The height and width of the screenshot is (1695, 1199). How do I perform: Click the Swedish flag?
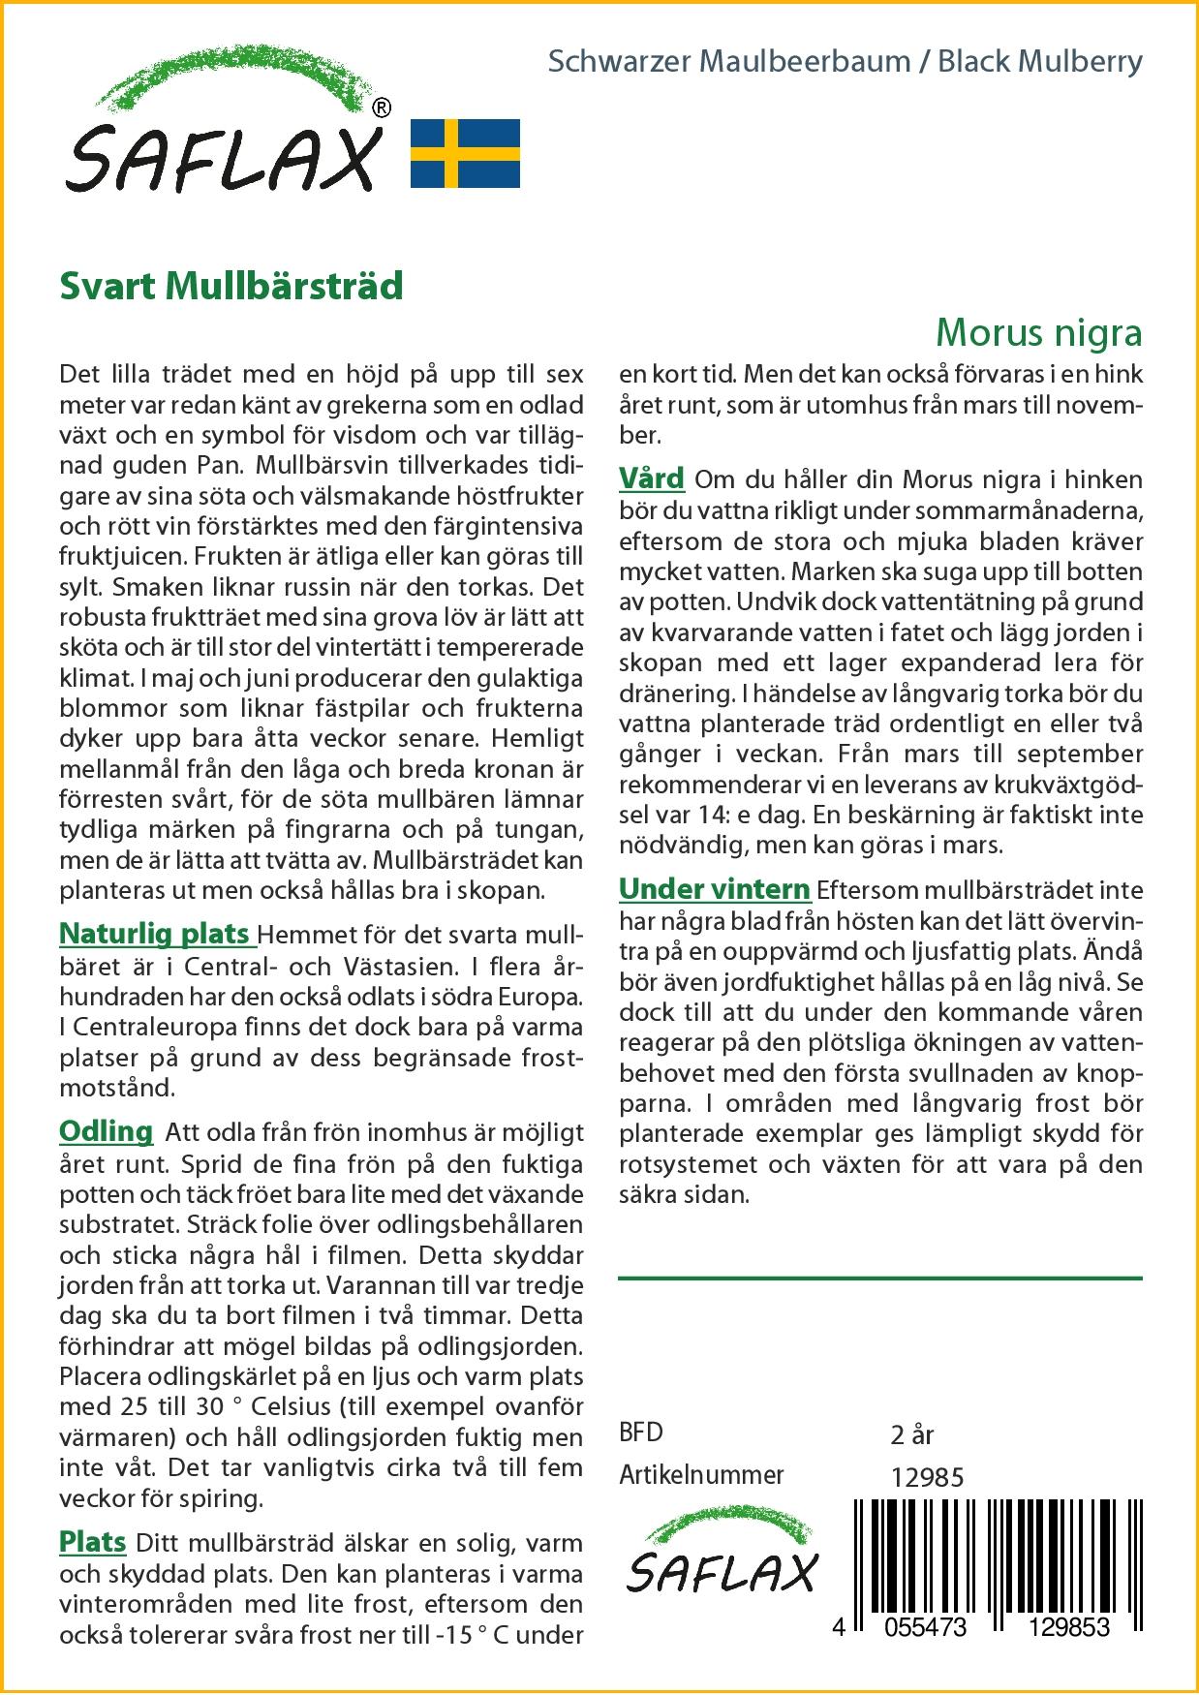466,153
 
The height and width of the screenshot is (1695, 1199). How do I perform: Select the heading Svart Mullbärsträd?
231,287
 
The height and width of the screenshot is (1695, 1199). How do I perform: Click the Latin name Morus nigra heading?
1038,332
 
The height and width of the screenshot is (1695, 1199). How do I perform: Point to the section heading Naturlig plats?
155,934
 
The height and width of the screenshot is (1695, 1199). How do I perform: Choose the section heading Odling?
107,1131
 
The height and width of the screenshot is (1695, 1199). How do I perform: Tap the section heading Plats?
93,1541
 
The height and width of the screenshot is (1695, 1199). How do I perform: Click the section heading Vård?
652,478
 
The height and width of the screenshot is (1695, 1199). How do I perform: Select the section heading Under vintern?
715,888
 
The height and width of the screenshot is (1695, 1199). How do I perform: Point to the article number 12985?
927,1477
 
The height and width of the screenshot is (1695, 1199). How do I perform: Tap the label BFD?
641,1433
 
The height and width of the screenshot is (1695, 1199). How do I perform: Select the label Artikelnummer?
701,1475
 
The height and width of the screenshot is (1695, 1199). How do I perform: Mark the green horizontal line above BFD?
879,1279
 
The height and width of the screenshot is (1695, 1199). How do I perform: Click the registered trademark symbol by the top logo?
382,108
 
